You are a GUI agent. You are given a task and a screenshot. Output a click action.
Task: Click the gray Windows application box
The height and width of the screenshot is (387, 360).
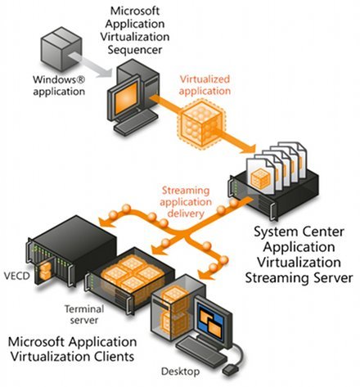click(x=61, y=48)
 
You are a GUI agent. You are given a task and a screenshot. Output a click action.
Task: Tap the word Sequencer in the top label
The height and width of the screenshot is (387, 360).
click(x=135, y=50)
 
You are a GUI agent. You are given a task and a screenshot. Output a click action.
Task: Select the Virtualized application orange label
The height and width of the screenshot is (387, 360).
click(x=205, y=85)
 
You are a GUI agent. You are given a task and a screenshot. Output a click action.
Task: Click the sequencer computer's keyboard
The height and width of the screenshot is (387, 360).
click(x=136, y=123)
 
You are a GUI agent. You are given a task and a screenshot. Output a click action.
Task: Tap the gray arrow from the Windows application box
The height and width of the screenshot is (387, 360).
click(x=90, y=65)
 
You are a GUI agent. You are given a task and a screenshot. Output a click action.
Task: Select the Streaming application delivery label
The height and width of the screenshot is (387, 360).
click(x=186, y=202)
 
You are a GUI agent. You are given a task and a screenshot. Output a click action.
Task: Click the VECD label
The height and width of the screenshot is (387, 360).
click(x=17, y=276)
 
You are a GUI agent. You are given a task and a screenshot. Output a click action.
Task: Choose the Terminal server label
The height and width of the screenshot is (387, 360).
click(x=84, y=314)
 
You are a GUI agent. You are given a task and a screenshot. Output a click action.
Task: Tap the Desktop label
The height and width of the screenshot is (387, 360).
click(x=180, y=371)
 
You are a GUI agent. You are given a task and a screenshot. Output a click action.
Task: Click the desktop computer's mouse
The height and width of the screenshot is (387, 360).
click(x=231, y=370)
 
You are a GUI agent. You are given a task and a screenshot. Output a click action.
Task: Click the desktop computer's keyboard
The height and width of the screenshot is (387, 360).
click(x=201, y=351)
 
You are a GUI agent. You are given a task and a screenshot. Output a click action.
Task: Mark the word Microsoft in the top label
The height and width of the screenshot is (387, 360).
click(x=135, y=11)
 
